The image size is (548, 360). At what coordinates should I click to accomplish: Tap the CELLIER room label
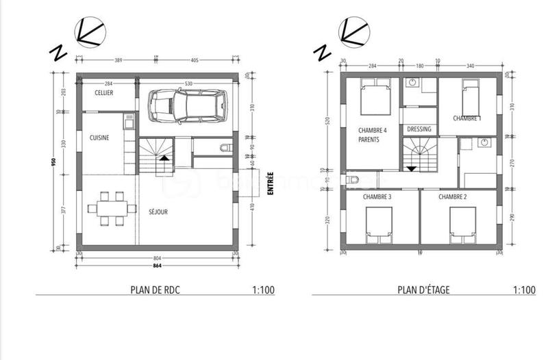pyautogui.click(x=105, y=92)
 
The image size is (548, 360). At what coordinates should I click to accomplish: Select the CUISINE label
pyautogui.click(x=99, y=138)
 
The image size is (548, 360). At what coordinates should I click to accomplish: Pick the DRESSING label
pyautogui.click(x=419, y=129)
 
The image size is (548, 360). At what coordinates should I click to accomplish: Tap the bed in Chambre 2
pyautogui.click(x=463, y=224)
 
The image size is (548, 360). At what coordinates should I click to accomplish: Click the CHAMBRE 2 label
pyautogui.click(x=452, y=197)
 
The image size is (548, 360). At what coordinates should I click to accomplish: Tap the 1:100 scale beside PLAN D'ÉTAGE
pyautogui.click(x=523, y=290)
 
